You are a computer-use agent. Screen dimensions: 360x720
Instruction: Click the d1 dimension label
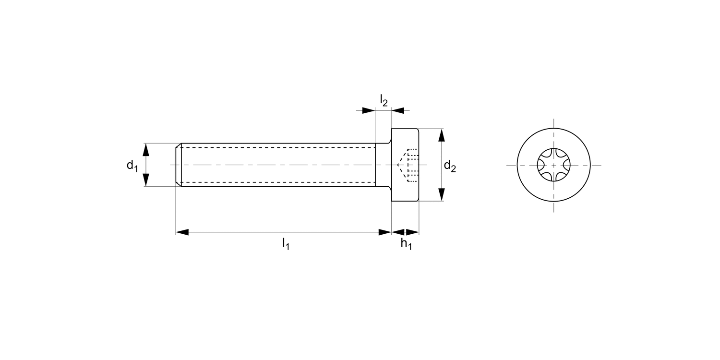[132, 166]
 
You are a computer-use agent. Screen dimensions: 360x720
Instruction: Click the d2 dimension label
[450, 167]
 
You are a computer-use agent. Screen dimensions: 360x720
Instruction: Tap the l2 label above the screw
[384, 100]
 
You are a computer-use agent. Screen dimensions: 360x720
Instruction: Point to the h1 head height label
[406, 244]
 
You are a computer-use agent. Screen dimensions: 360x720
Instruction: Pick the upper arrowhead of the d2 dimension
[442, 135]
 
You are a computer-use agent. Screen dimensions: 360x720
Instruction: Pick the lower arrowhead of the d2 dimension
[442, 194]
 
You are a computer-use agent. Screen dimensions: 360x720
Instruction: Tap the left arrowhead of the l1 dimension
[182, 232]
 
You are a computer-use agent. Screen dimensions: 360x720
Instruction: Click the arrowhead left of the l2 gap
[368, 111]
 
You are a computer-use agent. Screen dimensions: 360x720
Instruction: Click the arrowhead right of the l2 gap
[397, 111]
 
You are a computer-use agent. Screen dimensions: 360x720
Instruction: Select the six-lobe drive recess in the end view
[553, 165]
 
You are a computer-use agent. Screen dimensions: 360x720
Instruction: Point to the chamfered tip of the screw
[178, 165]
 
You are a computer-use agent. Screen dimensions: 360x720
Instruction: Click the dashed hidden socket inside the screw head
[409, 166]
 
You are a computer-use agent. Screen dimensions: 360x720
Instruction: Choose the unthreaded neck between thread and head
[383, 165]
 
